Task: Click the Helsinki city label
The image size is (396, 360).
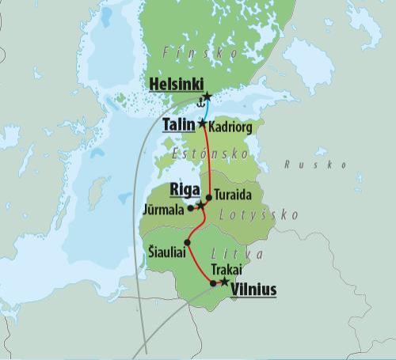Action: (x=176, y=85)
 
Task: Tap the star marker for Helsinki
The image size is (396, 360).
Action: (x=207, y=96)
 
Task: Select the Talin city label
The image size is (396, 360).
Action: (x=179, y=125)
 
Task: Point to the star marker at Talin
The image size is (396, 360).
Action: (x=203, y=124)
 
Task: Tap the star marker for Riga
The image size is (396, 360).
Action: (x=201, y=205)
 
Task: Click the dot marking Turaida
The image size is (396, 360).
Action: (x=209, y=197)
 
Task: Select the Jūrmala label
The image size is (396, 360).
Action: (x=164, y=210)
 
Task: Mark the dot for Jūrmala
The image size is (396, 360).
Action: (x=191, y=209)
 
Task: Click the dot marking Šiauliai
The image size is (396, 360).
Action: (x=187, y=242)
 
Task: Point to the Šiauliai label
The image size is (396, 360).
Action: (x=168, y=252)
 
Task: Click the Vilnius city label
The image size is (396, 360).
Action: (x=253, y=290)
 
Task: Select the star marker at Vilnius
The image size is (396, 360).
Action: (x=224, y=281)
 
